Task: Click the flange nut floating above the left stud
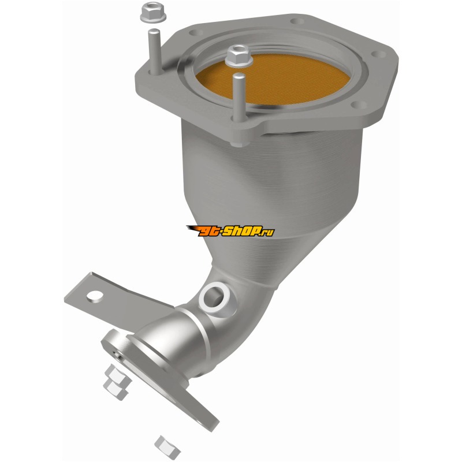tap(153, 13)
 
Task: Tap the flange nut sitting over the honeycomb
tap(239, 56)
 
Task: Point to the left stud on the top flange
tap(154, 51)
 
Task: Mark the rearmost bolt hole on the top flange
tap(297, 21)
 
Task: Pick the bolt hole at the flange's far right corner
tap(378, 54)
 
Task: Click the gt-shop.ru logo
tap(230, 232)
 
